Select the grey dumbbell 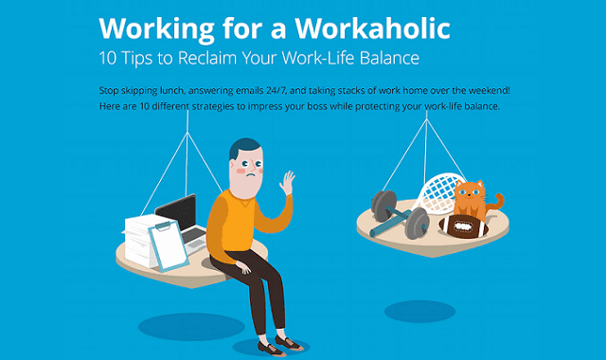point(389,214)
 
